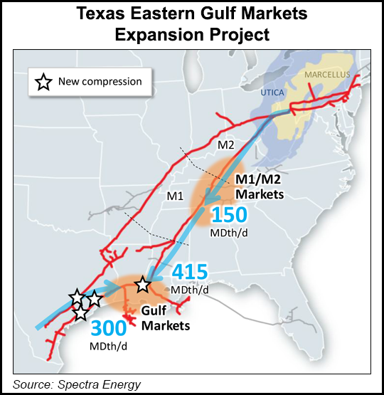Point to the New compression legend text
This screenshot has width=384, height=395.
(x=100, y=82)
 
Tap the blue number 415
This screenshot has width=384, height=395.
(x=190, y=272)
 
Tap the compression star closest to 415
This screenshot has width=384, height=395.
(x=143, y=285)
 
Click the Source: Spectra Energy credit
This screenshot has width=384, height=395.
(x=76, y=385)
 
